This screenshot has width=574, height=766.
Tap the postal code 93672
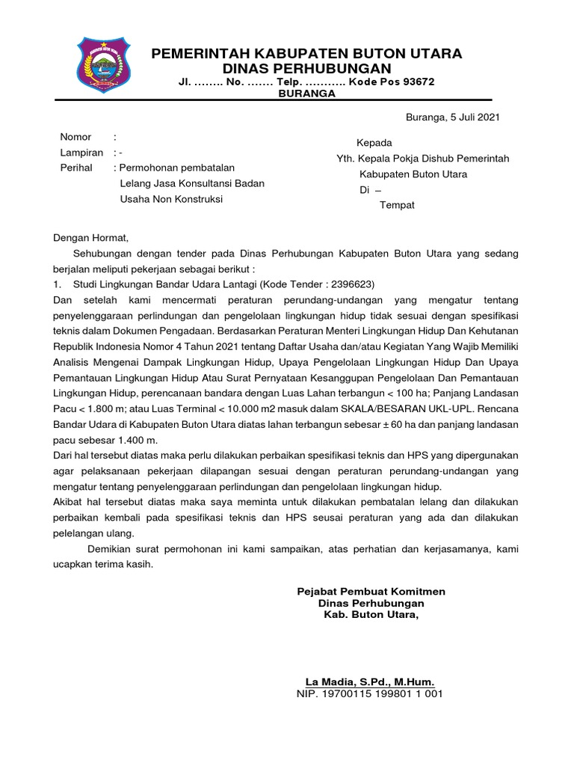pos(417,82)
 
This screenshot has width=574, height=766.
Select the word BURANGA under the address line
pos(306,94)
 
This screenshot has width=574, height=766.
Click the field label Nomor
pos(75,137)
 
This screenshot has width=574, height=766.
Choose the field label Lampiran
pos(81,153)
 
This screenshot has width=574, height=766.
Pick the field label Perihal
pos(76,168)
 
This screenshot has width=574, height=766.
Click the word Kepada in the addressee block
pos(374,143)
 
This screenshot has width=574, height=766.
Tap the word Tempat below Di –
pos(397,205)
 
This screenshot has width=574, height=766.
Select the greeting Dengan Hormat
pos(91,239)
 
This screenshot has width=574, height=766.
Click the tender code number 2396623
pos(351,284)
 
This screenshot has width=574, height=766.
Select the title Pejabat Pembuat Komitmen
pos(371,591)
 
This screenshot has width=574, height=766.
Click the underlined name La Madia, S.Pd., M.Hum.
pos(370,681)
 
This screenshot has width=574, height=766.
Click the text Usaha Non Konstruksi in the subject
pos(171,199)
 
